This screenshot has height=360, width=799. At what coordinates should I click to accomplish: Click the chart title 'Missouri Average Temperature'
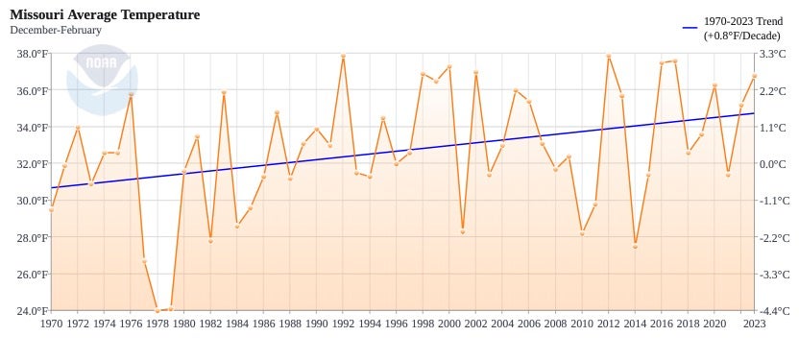click(105, 14)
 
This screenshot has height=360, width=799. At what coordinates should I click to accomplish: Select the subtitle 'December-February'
click(56, 31)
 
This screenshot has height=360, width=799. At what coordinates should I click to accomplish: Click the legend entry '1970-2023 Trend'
click(742, 21)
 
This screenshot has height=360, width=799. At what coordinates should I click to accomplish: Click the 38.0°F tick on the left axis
click(30, 55)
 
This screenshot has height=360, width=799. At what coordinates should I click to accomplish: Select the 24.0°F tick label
click(30, 311)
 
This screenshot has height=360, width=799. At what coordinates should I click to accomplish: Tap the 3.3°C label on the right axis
click(775, 55)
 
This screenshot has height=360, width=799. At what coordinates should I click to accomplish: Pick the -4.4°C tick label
click(774, 311)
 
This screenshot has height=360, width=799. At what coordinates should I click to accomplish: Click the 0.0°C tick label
click(775, 164)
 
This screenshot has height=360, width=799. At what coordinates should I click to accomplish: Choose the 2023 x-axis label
click(754, 324)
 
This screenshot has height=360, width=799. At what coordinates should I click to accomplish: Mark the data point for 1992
click(343, 57)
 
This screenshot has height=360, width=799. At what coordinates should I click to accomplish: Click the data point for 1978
click(157, 310)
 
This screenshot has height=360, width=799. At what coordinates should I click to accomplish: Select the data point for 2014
click(635, 246)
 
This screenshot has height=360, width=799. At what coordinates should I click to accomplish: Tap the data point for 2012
click(609, 57)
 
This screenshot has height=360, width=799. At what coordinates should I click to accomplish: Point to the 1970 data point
click(51, 208)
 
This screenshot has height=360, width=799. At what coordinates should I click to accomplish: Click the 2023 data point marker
click(754, 76)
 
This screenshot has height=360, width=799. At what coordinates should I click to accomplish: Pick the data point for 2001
click(462, 231)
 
